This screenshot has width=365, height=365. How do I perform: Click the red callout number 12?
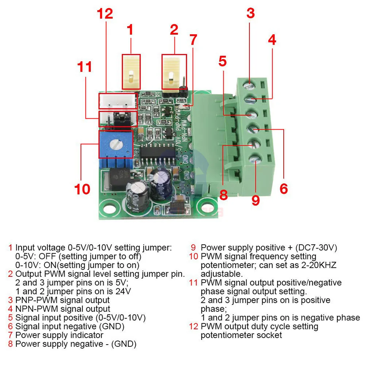pos(105,14)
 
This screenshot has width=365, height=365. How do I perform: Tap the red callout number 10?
pos(82,189)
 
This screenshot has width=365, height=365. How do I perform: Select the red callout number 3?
pos(250,13)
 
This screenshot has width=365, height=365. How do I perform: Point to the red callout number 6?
pos(284,189)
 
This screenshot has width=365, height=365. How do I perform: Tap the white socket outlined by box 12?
pos(117,101)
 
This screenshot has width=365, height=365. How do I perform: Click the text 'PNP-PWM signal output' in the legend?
pos(62,300)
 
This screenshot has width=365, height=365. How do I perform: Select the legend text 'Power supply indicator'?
pos(59,335)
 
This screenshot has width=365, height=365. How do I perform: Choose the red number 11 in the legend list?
pos(193,283)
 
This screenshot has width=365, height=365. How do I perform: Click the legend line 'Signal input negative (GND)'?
pos(70,326)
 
